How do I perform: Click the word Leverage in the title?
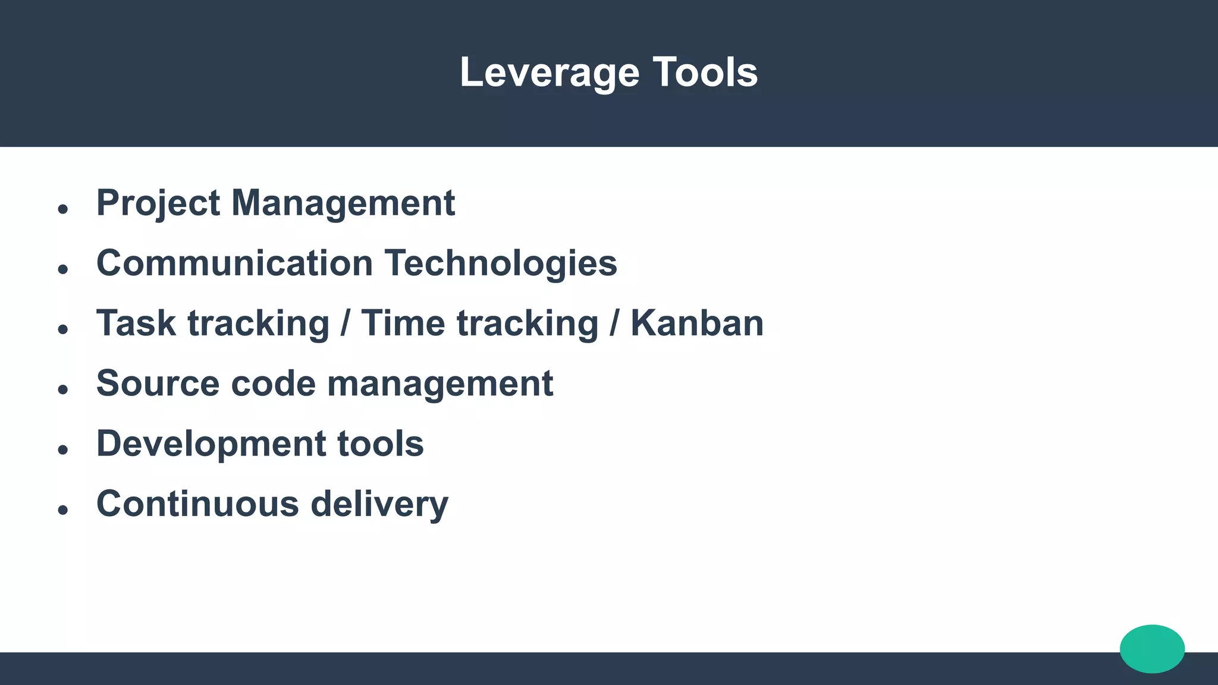[x=550, y=73]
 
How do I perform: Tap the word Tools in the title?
[x=705, y=73]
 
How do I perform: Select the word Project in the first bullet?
[x=158, y=203]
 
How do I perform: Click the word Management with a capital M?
[x=343, y=203]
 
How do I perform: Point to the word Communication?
[x=234, y=263]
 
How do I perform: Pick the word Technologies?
[x=501, y=263]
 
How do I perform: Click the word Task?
[x=136, y=323]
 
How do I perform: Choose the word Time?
[x=403, y=323]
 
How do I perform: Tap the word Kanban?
[x=697, y=323]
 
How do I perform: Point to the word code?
[x=273, y=384]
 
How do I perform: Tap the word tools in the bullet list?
[x=381, y=444]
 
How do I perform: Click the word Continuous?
[x=197, y=504]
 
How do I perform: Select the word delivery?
[x=379, y=504]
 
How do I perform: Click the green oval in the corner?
[x=1152, y=649]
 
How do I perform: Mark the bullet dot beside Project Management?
[x=63, y=209]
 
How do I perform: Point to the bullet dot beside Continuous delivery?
[x=63, y=510]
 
